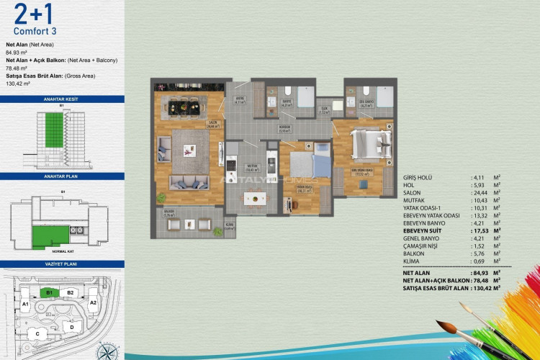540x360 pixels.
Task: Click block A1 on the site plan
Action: [x=25, y=304]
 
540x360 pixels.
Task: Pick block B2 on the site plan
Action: [x=71, y=293]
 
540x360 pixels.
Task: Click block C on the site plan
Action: [x=37, y=334]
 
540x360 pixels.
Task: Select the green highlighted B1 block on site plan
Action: [x=49, y=293]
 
